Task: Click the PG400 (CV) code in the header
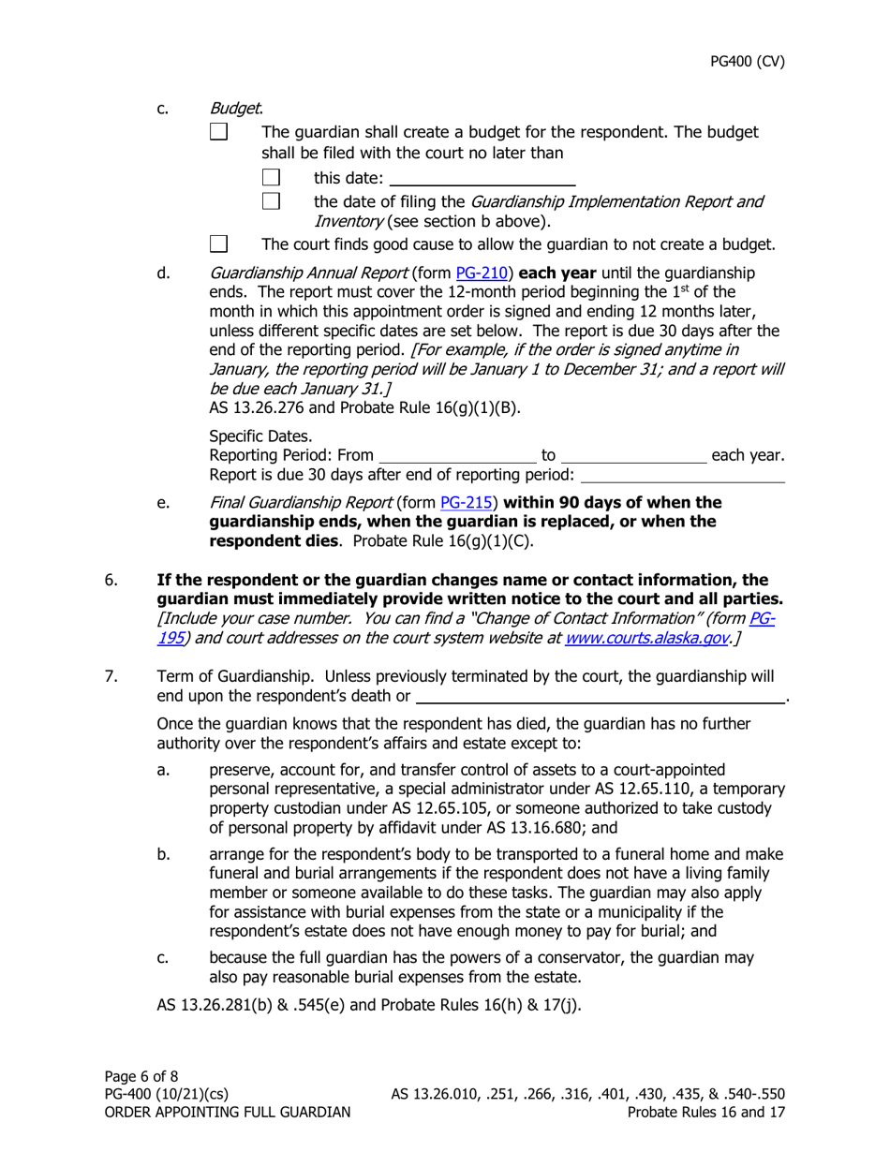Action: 746,63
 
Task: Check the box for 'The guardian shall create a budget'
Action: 217,133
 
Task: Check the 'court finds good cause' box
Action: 217,245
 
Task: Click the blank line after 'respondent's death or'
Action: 600,696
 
